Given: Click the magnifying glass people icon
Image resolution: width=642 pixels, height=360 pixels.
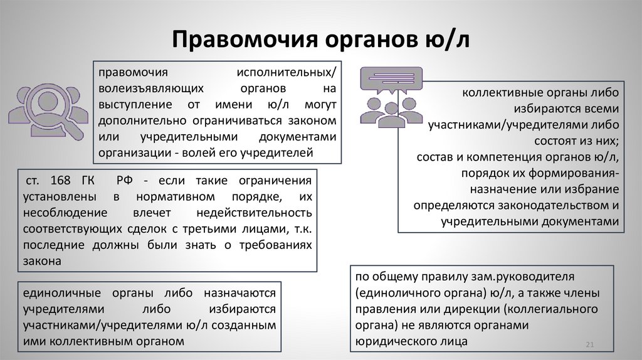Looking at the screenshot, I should pyautogui.click(x=48, y=113).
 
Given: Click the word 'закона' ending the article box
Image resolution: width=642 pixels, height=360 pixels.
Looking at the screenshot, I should pyautogui.click(x=40, y=260).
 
